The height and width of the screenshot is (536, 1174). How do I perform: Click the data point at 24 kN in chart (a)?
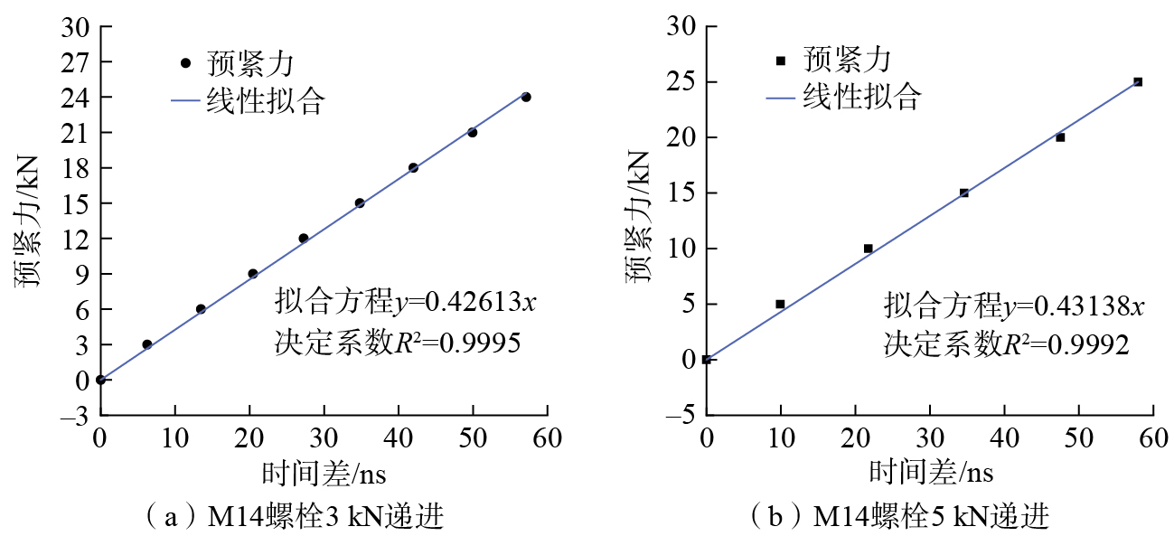(x=526, y=97)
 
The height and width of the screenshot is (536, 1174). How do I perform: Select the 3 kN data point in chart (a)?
(x=147, y=344)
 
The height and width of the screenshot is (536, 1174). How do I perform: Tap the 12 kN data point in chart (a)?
(x=304, y=239)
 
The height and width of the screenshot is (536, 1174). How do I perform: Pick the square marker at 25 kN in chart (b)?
(x=1138, y=81)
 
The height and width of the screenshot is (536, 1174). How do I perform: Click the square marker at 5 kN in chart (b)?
(x=781, y=304)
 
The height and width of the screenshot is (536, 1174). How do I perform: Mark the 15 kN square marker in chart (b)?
(x=964, y=193)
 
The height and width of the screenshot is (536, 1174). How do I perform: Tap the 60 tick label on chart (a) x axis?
(x=547, y=440)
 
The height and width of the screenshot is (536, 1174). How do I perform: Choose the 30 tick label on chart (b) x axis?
(x=930, y=440)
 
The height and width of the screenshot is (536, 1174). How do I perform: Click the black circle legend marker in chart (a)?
(x=186, y=63)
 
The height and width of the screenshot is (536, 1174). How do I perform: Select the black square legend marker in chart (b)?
(x=782, y=61)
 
